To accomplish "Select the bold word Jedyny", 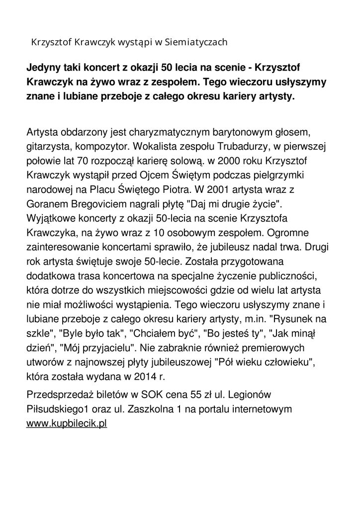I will point(43,67).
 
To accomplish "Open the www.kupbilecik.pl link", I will point(67,424).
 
